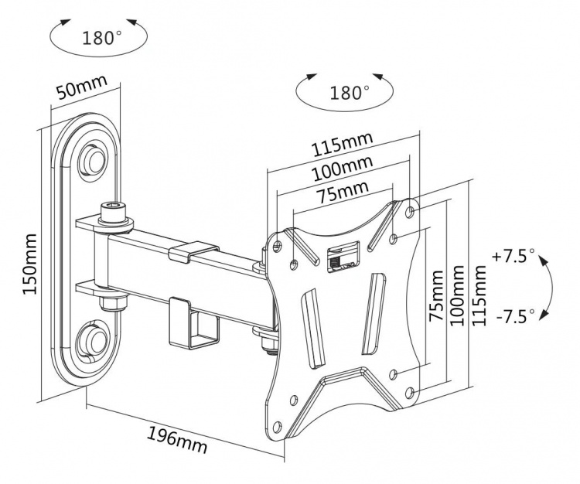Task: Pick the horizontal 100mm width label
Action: pyautogui.click(x=341, y=167)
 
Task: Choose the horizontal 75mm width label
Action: pyautogui.click(x=341, y=189)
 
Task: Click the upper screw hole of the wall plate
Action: pyautogui.click(x=94, y=156)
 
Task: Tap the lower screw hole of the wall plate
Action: pyautogui.click(x=94, y=338)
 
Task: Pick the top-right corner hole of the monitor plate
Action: pyautogui.click(x=410, y=210)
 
